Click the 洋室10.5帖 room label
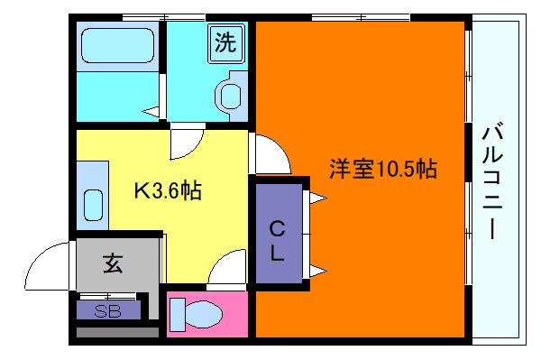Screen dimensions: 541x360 (382, 169)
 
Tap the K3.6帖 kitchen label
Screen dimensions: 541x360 (168, 190)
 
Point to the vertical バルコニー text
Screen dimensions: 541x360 (492, 180)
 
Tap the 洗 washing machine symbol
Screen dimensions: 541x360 (225, 42)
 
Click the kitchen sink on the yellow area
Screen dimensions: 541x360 (95, 206)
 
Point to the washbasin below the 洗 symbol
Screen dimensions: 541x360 (231, 94)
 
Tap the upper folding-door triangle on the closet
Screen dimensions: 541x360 (316, 197)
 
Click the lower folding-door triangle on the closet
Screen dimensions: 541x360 (316, 268)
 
